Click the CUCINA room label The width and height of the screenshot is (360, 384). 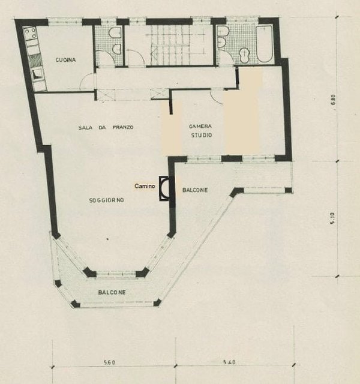[65, 60]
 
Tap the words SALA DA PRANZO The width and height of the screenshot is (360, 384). [106, 127]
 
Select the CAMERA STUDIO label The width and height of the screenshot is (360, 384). [201, 131]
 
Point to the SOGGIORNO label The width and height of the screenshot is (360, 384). [107, 200]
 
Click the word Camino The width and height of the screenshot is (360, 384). [145, 186]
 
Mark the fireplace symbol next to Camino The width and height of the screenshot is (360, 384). [164, 188]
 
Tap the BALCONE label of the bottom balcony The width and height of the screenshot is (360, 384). [112, 292]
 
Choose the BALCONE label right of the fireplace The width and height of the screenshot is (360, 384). [195, 190]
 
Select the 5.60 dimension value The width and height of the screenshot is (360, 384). [109, 362]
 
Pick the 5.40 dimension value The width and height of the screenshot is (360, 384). [229, 362]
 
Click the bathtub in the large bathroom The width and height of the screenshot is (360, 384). [265, 44]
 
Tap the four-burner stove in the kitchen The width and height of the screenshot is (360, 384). [30, 34]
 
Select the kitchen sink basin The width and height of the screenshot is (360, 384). [37, 74]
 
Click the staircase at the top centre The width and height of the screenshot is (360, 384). [178, 46]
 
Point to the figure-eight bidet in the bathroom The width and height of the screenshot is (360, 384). [244, 55]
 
